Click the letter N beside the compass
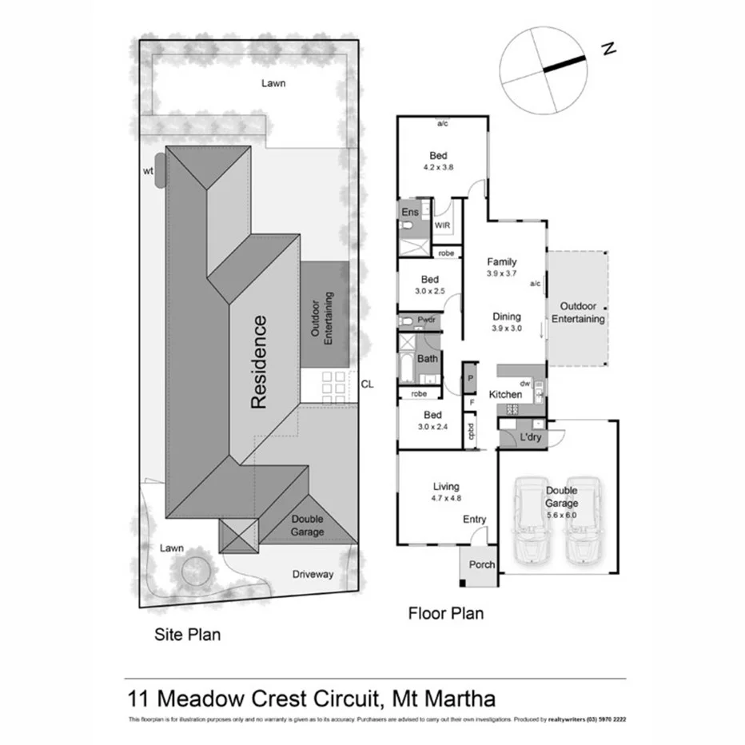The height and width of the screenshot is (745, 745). click(x=609, y=49)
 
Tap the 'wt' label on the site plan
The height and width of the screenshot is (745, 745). click(x=149, y=169)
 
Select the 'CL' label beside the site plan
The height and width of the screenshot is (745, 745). click(x=367, y=384)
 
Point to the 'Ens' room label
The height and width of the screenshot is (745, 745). click(x=409, y=212)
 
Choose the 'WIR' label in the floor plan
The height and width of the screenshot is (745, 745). click(x=442, y=226)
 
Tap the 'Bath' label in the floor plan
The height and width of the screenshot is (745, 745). click(x=427, y=359)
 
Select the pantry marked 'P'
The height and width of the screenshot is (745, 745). click(x=470, y=378)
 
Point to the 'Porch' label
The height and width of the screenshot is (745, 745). click(x=481, y=564)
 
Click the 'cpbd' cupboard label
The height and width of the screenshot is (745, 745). click(x=472, y=432)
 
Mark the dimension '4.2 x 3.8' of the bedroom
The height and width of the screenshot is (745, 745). click(x=438, y=168)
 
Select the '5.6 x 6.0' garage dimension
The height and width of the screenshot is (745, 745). click(x=560, y=515)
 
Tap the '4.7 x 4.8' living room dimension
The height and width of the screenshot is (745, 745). click(x=445, y=499)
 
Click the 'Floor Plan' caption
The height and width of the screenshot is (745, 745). click(x=445, y=614)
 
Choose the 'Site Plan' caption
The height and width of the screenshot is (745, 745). click(x=186, y=635)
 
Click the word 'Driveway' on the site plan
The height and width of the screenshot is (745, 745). click(x=313, y=574)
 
